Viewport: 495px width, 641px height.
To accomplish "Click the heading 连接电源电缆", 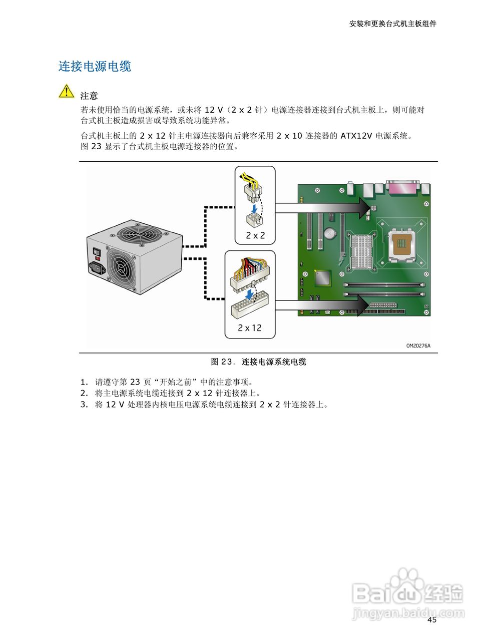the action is [x=95, y=67].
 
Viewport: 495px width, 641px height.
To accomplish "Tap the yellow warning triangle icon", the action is [x=66, y=92].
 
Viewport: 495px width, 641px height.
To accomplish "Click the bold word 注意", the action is [x=89, y=96].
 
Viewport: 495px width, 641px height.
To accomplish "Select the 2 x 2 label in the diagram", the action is [x=255, y=235].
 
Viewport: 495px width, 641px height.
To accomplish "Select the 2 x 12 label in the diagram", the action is [x=250, y=328].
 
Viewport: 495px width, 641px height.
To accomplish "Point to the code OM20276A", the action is [x=418, y=346].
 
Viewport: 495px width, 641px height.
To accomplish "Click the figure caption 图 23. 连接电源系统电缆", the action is [x=258, y=362].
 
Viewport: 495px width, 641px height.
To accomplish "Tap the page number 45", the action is [x=432, y=620].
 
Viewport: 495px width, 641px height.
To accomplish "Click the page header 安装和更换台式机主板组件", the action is [x=392, y=24].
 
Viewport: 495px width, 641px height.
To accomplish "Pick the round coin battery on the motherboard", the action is [x=330, y=233].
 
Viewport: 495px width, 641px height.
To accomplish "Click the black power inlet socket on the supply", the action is [x=98, y=268].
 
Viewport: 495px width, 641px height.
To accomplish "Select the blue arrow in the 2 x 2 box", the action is [x=255, y=207].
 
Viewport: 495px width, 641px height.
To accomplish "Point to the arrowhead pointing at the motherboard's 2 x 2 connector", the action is [x=361, y=208].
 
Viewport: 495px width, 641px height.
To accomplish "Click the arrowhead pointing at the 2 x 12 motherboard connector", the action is [x=361, y=305].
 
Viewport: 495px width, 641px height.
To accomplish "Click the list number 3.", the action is [x=84, y=405].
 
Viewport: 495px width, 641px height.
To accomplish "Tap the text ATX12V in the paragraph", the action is [x=356, y=136].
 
